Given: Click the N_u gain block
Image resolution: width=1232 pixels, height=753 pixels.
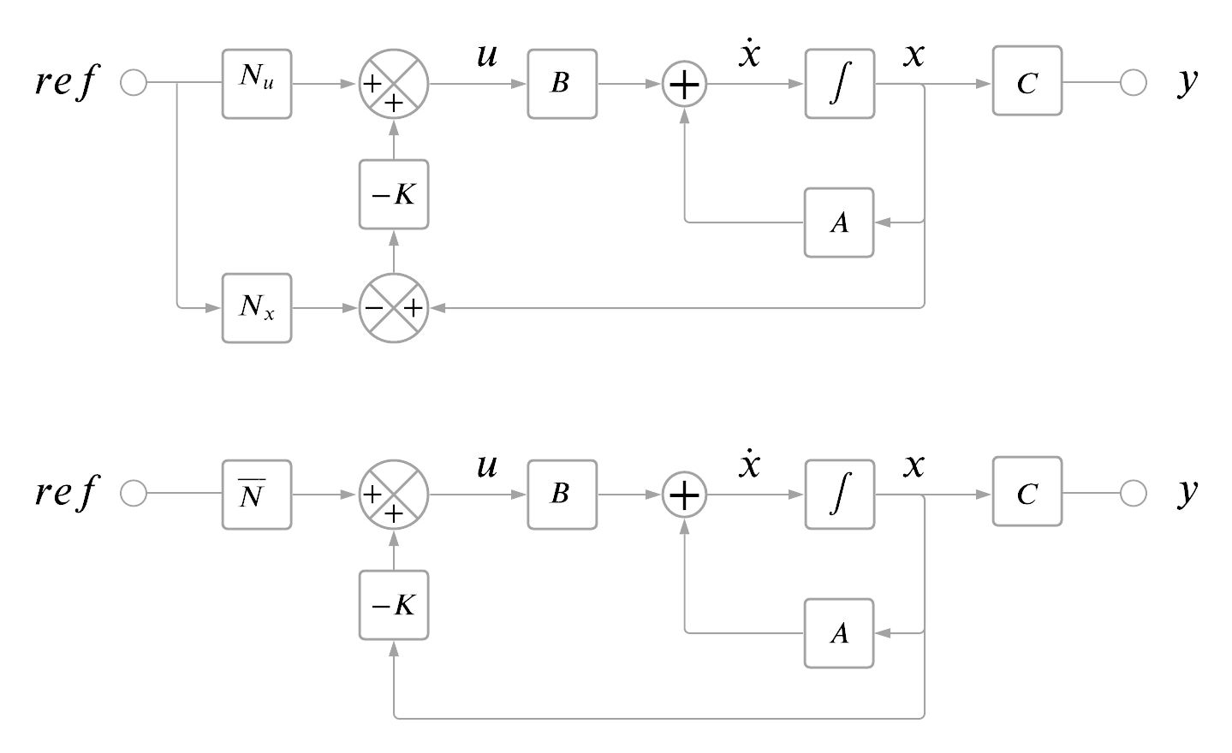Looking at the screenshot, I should pos(257,84).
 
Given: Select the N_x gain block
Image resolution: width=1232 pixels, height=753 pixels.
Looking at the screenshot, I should pos(257,308).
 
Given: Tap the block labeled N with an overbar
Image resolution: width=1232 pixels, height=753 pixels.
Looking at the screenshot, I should pos(257,495).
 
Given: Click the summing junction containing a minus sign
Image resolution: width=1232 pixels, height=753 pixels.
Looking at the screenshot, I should pos(393,308).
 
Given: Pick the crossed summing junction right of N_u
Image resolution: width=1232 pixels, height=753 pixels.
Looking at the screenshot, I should pos(393,84).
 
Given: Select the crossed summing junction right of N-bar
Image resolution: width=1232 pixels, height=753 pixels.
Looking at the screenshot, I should pos(393,495).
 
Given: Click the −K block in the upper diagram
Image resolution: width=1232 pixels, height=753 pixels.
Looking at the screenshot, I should pos(393,194).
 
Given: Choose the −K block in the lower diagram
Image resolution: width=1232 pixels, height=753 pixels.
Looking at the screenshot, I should pos(393,605).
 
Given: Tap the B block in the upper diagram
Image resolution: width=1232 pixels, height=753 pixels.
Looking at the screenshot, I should pos(562,84).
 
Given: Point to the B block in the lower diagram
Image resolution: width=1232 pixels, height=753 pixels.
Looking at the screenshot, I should pos(562,495).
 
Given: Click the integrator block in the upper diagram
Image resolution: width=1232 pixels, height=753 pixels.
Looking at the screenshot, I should pos(839,84).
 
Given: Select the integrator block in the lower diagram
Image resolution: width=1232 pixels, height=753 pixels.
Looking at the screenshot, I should pos(839,495).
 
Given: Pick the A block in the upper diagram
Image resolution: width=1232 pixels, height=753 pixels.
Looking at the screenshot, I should pos(839,222).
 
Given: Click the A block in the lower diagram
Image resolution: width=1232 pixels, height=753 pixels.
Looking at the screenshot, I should pos(839,633).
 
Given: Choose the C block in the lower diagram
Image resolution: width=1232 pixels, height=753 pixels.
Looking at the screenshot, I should pos(1027,492).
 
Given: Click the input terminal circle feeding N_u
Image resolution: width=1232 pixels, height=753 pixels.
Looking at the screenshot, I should pos(134,83).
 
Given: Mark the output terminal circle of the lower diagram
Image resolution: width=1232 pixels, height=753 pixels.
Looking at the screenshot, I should pos(1134,494).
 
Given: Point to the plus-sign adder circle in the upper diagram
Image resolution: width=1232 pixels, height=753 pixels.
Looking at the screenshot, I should pos(684,84).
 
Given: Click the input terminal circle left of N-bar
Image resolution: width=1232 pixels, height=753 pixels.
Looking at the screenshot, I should pos(134,494).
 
